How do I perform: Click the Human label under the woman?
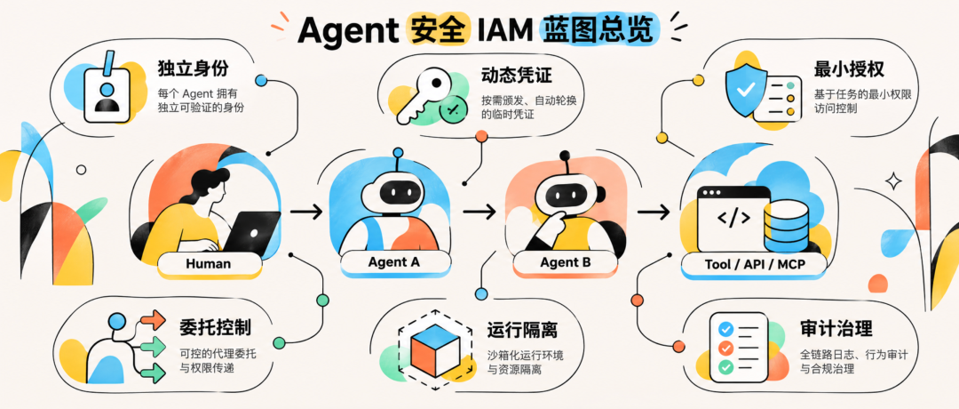209,264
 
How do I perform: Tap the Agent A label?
394,261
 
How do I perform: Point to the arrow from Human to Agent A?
306,212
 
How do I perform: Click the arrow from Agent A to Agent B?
479,212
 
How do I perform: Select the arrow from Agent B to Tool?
654,212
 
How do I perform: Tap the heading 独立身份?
193,68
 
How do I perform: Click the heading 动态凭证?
516,75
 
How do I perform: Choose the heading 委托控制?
215,328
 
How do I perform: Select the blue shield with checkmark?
745,90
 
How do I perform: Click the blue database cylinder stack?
785,226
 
